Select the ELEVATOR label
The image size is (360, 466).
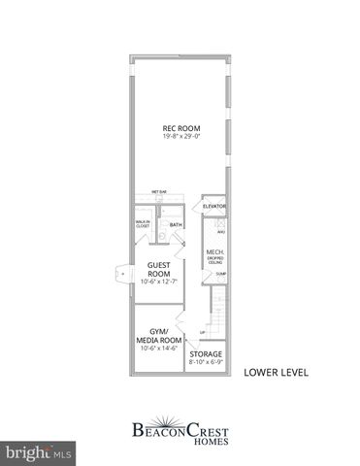[x=214, y=206]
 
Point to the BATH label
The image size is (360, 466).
[x=176, y=226]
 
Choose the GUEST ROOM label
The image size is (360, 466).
[x=159, y=270]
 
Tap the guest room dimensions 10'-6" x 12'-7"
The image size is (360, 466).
[x=159, y=283]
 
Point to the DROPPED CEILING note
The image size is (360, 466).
[x=214, y=262]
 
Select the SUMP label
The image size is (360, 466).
[x=220, y=274]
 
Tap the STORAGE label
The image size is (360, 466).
[x=206, y=355]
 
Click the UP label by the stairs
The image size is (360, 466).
[x=202, y=333]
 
